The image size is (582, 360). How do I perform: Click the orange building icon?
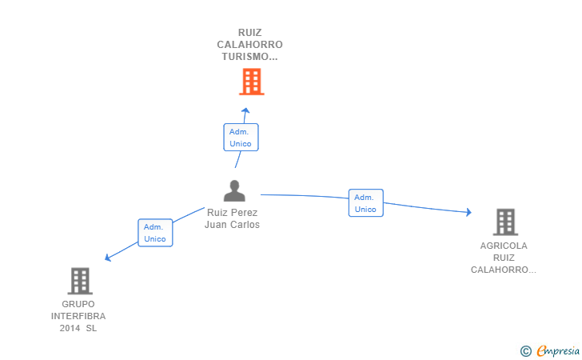tap(252, 82)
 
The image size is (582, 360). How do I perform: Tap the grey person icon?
tap(234, 190)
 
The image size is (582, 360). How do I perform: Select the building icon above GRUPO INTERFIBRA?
tap(80, 281)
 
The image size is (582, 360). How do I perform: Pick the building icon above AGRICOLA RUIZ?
tap(505, 222)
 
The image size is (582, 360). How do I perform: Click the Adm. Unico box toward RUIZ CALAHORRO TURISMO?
tap(241, 138)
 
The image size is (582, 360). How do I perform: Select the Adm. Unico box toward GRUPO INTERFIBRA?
tap(155, 233)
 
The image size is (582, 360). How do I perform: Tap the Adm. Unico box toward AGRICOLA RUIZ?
tap(365, 203)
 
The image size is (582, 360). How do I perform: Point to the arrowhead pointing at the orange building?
tap(245, 110)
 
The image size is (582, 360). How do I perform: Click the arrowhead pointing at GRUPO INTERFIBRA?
tap(108, 258)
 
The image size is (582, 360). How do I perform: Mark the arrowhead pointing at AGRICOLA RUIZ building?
tap(469, 212)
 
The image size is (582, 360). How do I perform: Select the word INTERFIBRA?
tap(78, 316)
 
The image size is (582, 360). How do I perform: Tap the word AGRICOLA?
tap(504, 246)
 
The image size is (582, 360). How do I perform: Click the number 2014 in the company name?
tap(70, 329)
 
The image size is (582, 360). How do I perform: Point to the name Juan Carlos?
tap(233, 225)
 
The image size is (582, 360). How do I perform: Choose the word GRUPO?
tap(78, 304)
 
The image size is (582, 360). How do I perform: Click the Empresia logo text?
tap(558, 351)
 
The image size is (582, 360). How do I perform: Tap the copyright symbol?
tap(526, 351)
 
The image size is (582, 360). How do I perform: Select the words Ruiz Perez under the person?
tap(233, 213)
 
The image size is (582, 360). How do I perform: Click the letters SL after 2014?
tap(91, 329)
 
